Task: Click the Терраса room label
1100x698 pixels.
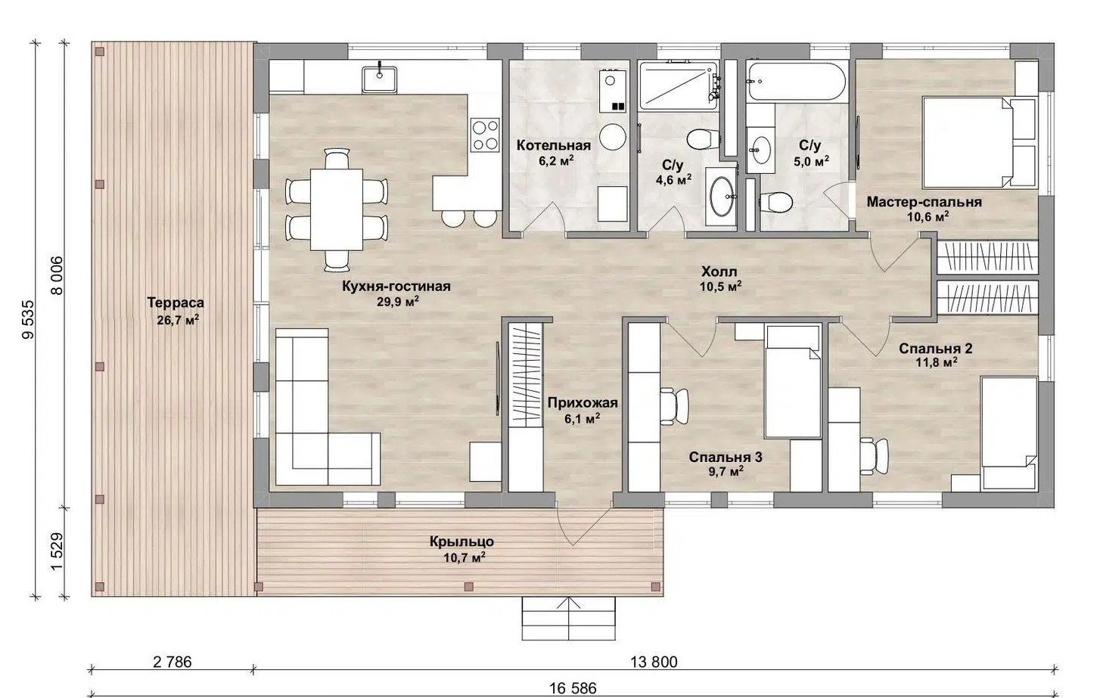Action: pos(176,302)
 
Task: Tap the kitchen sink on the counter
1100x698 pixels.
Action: pos(380,79)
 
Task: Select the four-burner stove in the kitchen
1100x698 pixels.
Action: pos(485,135)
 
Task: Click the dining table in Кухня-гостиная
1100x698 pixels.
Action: pos(337,209)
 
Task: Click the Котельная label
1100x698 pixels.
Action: pos(554,145)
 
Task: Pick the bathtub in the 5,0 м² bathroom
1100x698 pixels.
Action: pos(797,81)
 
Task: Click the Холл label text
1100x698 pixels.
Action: pos(719,271)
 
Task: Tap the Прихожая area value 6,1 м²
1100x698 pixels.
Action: pos(583,419)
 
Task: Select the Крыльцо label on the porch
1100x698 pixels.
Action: pos(461,542)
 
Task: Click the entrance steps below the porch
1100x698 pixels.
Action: pos(569,618)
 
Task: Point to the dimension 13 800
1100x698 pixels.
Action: pos(654,662)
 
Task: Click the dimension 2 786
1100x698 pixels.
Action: pos(172,662)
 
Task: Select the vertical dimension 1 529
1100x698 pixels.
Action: pos(57,552)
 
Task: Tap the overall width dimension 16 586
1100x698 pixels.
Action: pos(573,689)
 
